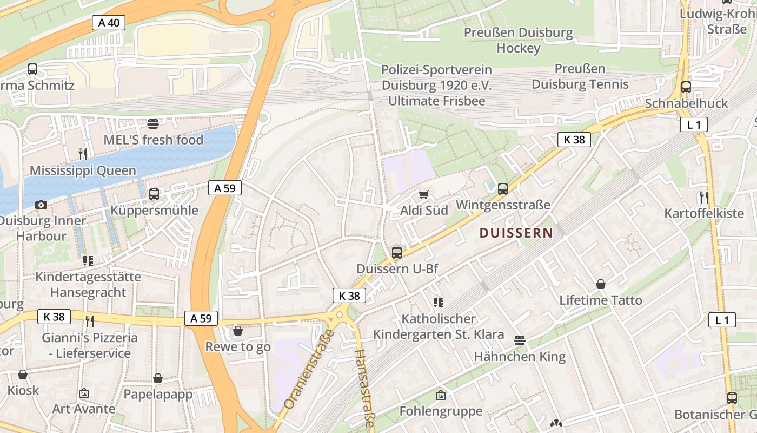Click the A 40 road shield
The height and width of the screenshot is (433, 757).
coord(109,23)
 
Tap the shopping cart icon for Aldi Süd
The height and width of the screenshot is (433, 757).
coord(424,194)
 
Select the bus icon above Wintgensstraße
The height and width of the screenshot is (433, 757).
coord(503,189)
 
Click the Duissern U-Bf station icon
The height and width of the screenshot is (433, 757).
coord(397,252)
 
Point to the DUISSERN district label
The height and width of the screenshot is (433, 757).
coord(516,233)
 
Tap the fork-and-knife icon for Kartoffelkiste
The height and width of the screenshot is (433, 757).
coord(703,197)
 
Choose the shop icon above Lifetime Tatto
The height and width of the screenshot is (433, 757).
coord(600,284)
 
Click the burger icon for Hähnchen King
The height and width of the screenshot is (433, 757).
coord(520,340)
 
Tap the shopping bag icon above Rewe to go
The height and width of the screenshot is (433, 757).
coord(238,330)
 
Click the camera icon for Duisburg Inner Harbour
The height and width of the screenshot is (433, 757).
coord(41,205)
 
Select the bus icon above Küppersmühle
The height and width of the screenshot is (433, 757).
coord(154,194)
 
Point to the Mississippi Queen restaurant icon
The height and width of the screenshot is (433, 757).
coord(83,154)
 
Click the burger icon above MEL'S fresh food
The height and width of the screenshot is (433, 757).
coord(153,123)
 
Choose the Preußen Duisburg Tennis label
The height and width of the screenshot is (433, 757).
coord(580,77)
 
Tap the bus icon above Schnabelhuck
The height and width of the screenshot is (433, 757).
coord(686,87)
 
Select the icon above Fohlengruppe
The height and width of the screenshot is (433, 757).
coord(441,395)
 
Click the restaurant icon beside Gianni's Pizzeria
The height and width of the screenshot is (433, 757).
coord(90,321)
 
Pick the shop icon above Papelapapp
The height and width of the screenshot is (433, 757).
coord(158,378)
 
